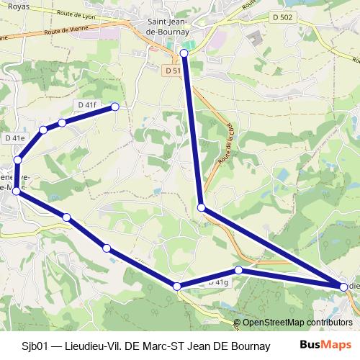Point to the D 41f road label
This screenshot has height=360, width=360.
tap(86, 105)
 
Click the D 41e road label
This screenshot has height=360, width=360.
tap(14, 137)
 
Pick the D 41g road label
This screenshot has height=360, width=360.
tap(217, 283)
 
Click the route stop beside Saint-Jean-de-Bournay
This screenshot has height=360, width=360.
tap(184, 53)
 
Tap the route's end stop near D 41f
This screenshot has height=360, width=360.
tap(114, 107)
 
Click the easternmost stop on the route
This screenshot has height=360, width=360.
tap(343, 287)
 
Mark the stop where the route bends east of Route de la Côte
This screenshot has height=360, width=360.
tap(202, 207)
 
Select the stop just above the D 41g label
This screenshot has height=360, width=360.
tap(238, 270)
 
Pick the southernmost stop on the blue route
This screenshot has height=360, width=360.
tap(177, 287)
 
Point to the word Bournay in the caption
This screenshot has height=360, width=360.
tap(248, 346)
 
